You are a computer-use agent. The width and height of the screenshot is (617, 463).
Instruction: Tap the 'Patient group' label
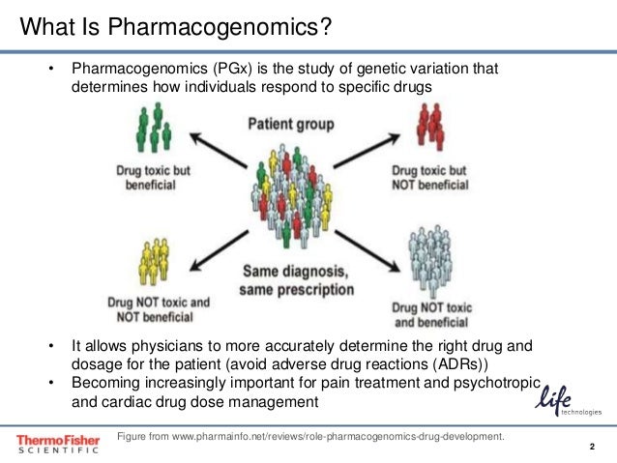291,125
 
